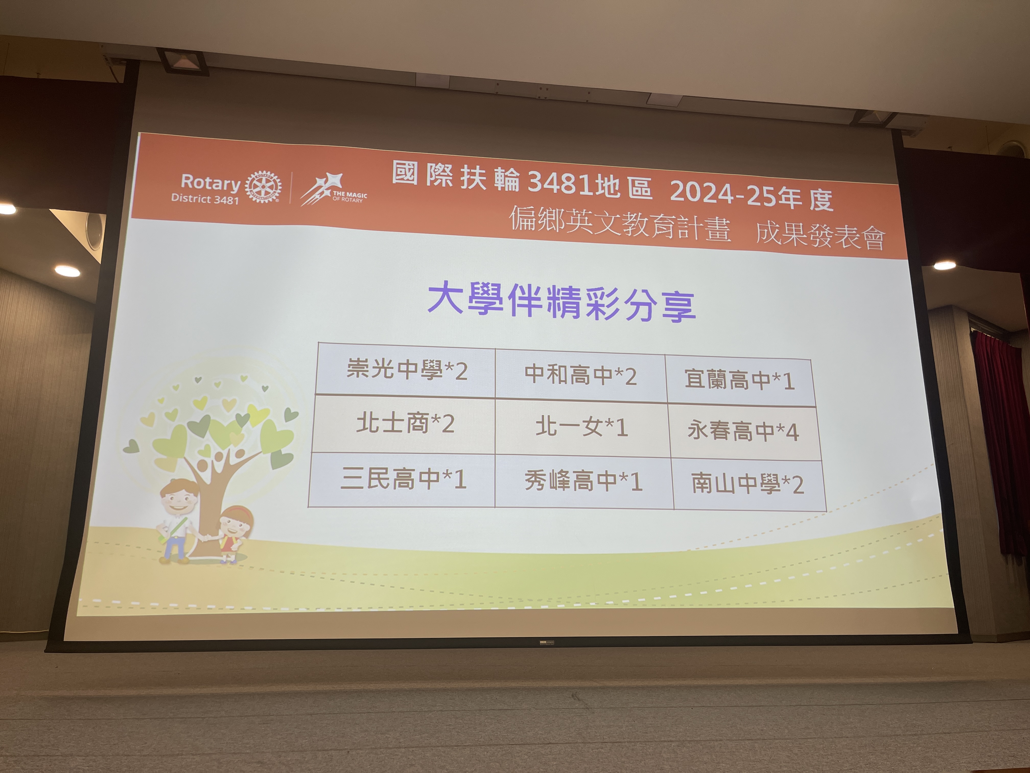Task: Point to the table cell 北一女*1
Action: [x=582, y=428]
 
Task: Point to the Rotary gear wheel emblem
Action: [x=263, y=186]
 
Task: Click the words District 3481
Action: [x=205, y=199]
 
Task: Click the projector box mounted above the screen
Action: [x=183, y=62]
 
